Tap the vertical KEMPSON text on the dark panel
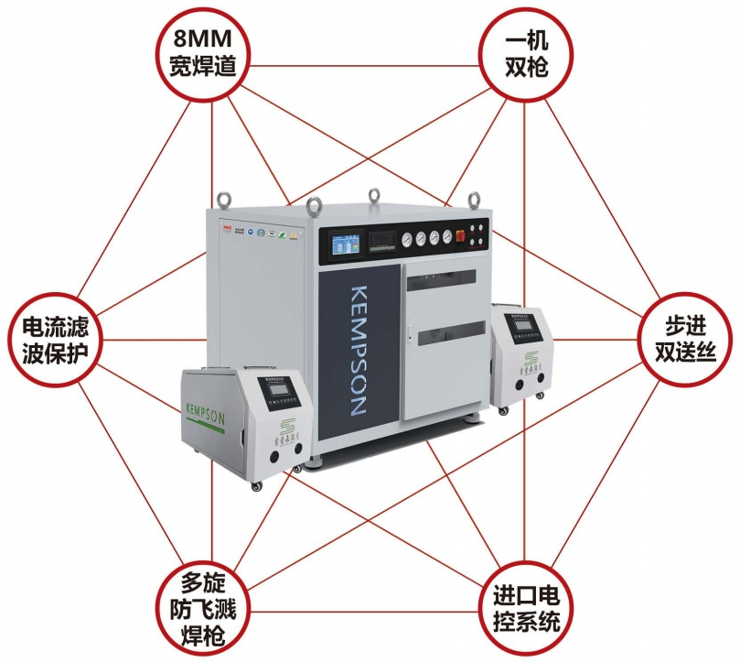359,353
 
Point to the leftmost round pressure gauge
407,240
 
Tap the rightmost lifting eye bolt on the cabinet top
474,198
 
